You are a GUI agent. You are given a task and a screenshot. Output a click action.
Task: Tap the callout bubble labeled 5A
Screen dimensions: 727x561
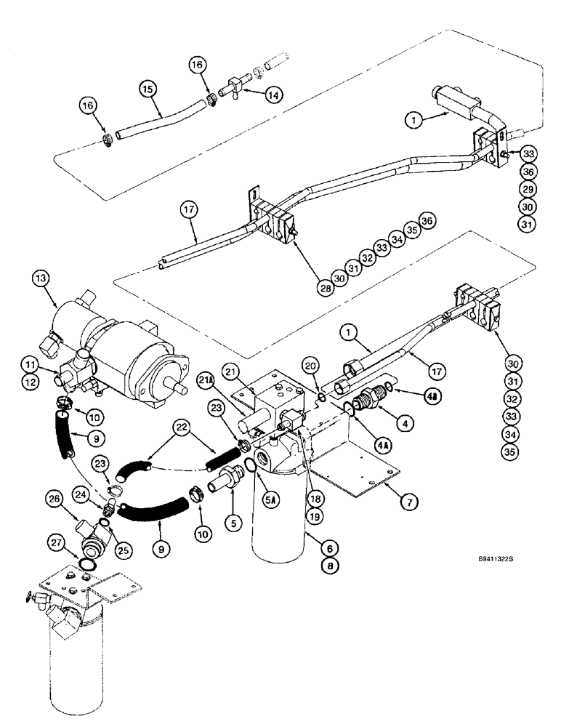tap(260, 480)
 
